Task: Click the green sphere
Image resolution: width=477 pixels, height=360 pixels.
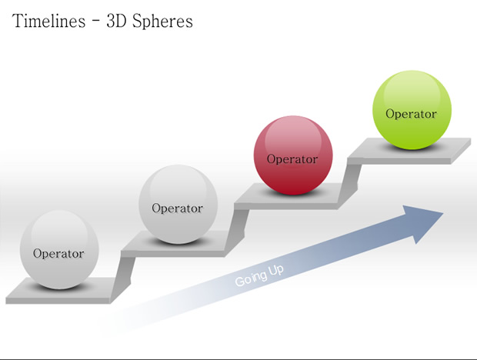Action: click(412, 110)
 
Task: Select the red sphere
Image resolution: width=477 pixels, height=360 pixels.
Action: click(293, 155)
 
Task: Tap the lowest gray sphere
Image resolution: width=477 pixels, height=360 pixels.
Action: click(59, 250)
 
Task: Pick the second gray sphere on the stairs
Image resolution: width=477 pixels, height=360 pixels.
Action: click(178, 205)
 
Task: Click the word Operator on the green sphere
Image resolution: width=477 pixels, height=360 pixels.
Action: click(411, 114)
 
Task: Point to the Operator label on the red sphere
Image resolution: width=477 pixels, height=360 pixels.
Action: click(292, 159)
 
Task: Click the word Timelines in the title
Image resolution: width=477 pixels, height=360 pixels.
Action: click(48, 22)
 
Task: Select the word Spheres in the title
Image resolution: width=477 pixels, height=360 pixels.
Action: click(162, 22)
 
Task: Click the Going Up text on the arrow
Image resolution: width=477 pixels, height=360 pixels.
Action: click(259, 276)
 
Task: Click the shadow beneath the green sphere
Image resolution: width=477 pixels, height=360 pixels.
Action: click(412, 147)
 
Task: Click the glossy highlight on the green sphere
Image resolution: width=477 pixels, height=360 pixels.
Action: click(412, 88)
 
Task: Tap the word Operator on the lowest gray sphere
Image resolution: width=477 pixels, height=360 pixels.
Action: click(58, 254)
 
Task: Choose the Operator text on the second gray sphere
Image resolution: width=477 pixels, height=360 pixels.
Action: click(178, 208)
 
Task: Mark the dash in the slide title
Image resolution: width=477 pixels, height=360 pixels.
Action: click(96, 22)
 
